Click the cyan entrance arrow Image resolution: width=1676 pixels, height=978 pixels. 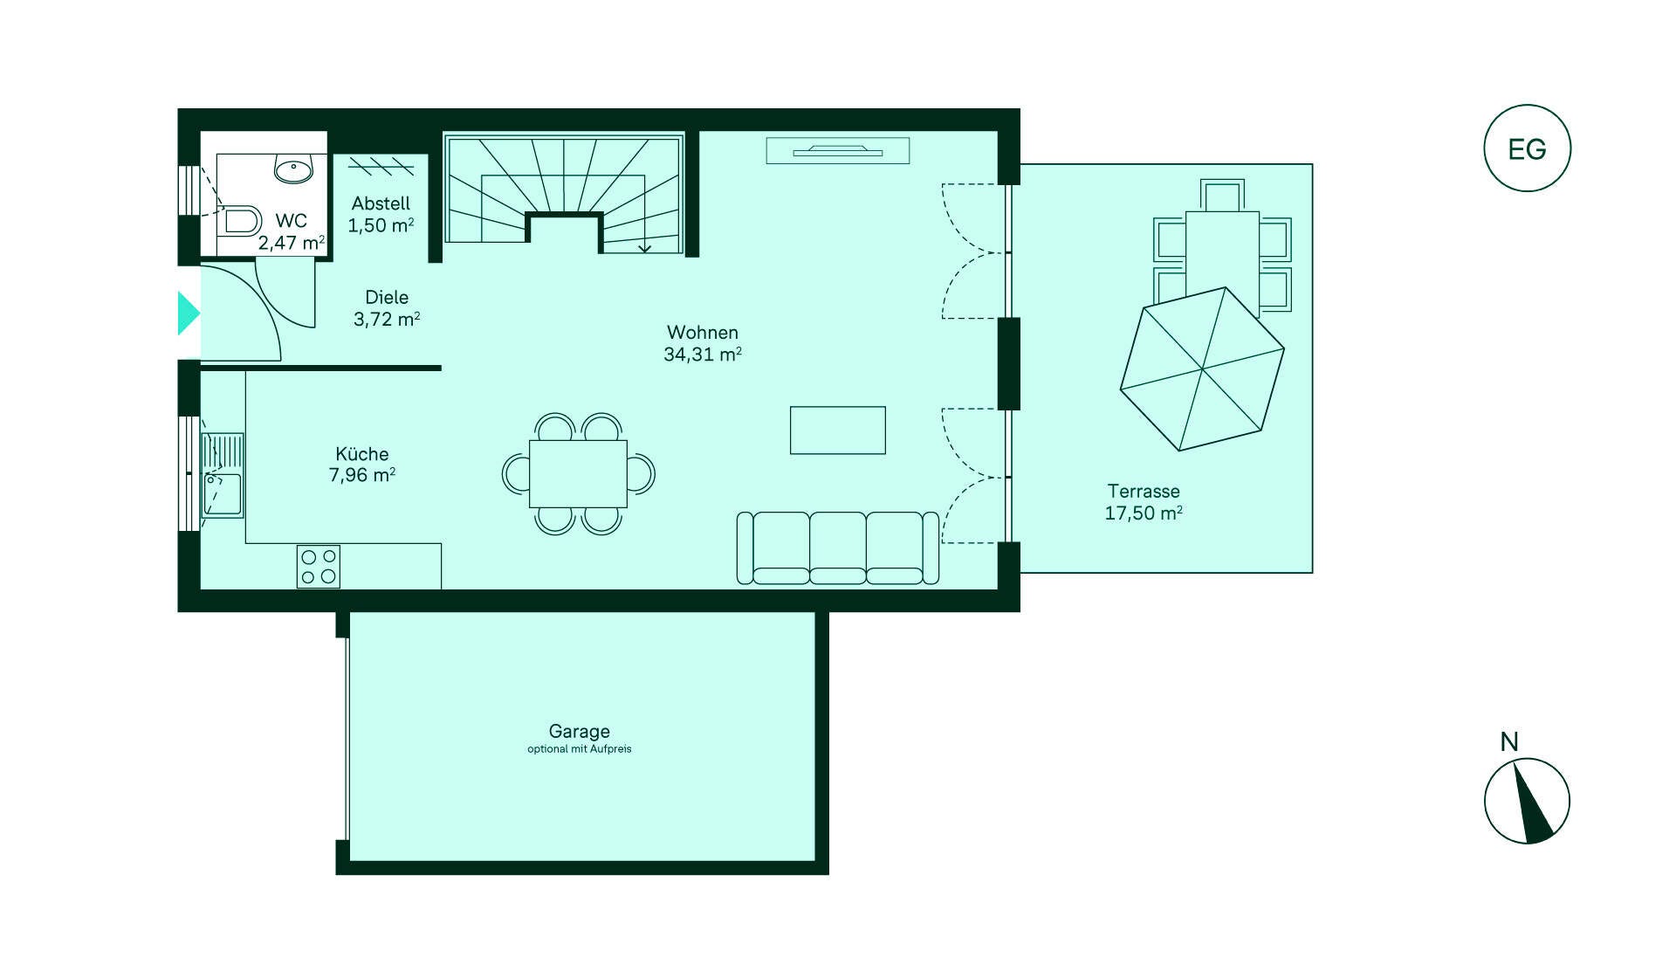pos(189,313)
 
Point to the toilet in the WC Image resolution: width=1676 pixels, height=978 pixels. pos(238,220)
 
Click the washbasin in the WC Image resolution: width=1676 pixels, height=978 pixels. pos(294,169)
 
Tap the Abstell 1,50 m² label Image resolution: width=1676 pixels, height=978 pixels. pos(381,214)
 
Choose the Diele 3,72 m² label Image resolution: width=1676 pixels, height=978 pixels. pos(387,308)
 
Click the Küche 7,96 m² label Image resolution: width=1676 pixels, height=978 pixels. pos(362,465)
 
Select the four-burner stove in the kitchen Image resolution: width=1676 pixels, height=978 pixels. pos(319,566)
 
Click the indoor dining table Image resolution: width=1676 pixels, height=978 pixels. pos(578,474)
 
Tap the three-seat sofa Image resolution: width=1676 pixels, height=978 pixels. pos(838,548)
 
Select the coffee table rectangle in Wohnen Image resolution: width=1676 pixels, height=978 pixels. pos(838,430)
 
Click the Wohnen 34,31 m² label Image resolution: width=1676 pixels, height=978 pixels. pos(703,343)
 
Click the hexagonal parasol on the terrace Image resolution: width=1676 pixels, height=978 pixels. pos(1202,369)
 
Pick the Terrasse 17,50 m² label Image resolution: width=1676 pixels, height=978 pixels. pos(1144,502)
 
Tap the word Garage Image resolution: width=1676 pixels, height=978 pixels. pos(580,732)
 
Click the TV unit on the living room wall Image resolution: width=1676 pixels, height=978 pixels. pos(838,151)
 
